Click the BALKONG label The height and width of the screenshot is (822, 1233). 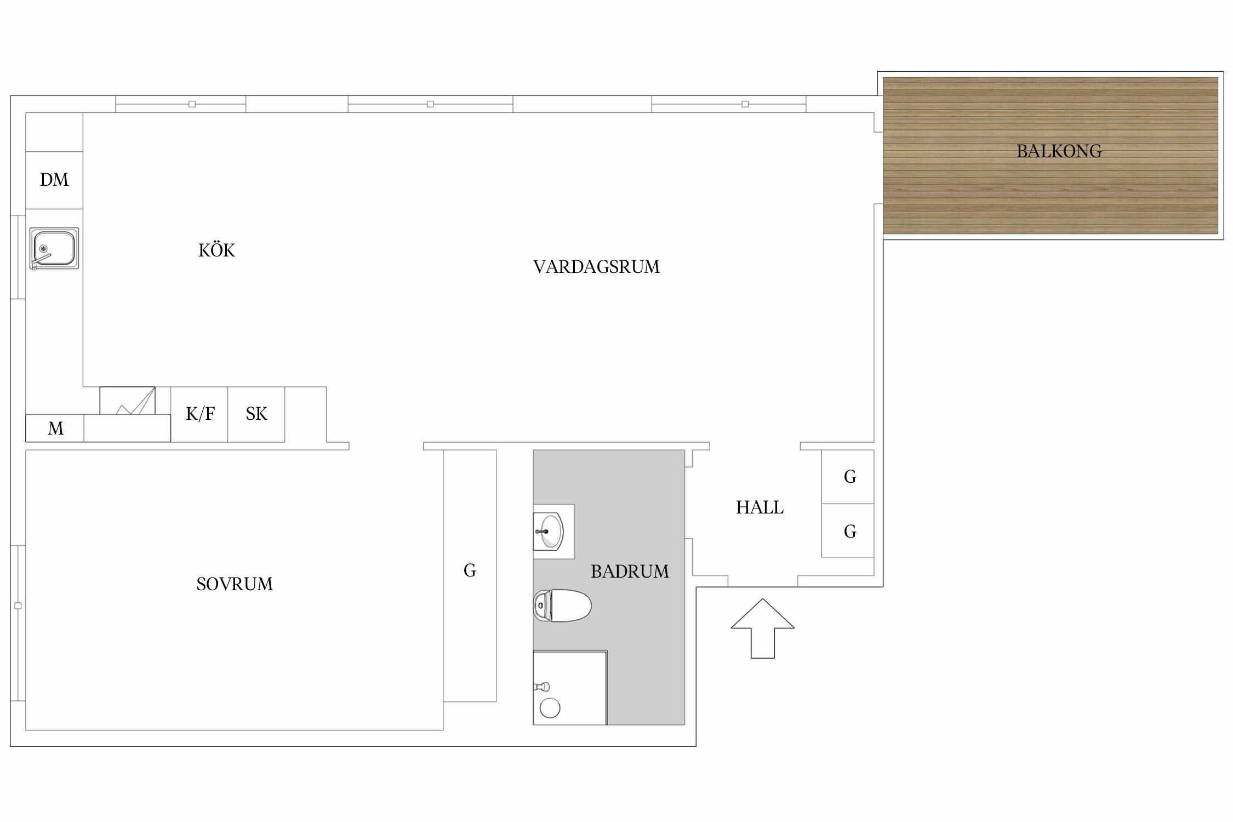point(1059,151)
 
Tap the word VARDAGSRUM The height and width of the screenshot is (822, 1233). point(596,267)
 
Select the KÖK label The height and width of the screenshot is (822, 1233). point(216,250)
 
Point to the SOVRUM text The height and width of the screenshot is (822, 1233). point(235,584)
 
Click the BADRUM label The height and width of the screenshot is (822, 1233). point(630,572)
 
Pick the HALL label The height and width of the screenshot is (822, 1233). point(760,507)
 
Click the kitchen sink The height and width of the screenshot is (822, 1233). point(54,248)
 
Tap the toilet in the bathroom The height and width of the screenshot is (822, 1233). point(562,606)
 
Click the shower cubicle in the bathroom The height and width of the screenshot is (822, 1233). point(570,688)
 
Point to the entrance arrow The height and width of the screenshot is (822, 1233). point(762,628)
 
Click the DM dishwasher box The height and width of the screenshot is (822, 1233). point(54,180)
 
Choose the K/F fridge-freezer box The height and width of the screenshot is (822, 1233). point(199,414)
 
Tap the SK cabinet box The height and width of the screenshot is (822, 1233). point(256,414)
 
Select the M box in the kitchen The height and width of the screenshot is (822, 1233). point(55,428)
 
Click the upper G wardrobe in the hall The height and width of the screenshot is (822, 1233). point(848,477)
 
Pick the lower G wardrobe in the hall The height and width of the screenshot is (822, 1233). point(848,530)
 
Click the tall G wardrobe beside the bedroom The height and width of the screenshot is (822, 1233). point(470,575)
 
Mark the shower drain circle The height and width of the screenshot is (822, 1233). point(550,708)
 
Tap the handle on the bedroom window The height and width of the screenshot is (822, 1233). point(18,606)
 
